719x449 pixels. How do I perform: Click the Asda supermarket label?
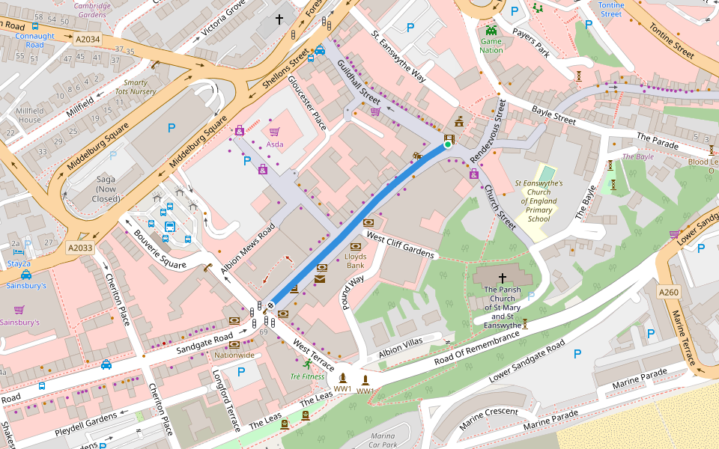point(275,144)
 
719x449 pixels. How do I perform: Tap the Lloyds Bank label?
point(355,261)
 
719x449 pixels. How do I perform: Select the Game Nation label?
point(491,46)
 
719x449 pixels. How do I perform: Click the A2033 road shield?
point(80,248)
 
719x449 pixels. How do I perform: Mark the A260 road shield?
point(668,291)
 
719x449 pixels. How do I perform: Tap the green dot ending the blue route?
point(448,145)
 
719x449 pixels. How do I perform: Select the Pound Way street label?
point(353,290)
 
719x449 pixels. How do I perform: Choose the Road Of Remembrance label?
point(477,349)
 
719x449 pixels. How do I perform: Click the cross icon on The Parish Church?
point(503,277)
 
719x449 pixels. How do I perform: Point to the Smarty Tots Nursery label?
point(135,87)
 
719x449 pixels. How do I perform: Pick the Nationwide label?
point(234,355)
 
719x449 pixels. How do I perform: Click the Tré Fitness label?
point(307,376)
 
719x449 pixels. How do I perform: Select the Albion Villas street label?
point(401,347)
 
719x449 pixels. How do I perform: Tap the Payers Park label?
point(533,43)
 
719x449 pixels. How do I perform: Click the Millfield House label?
point(30,114)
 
